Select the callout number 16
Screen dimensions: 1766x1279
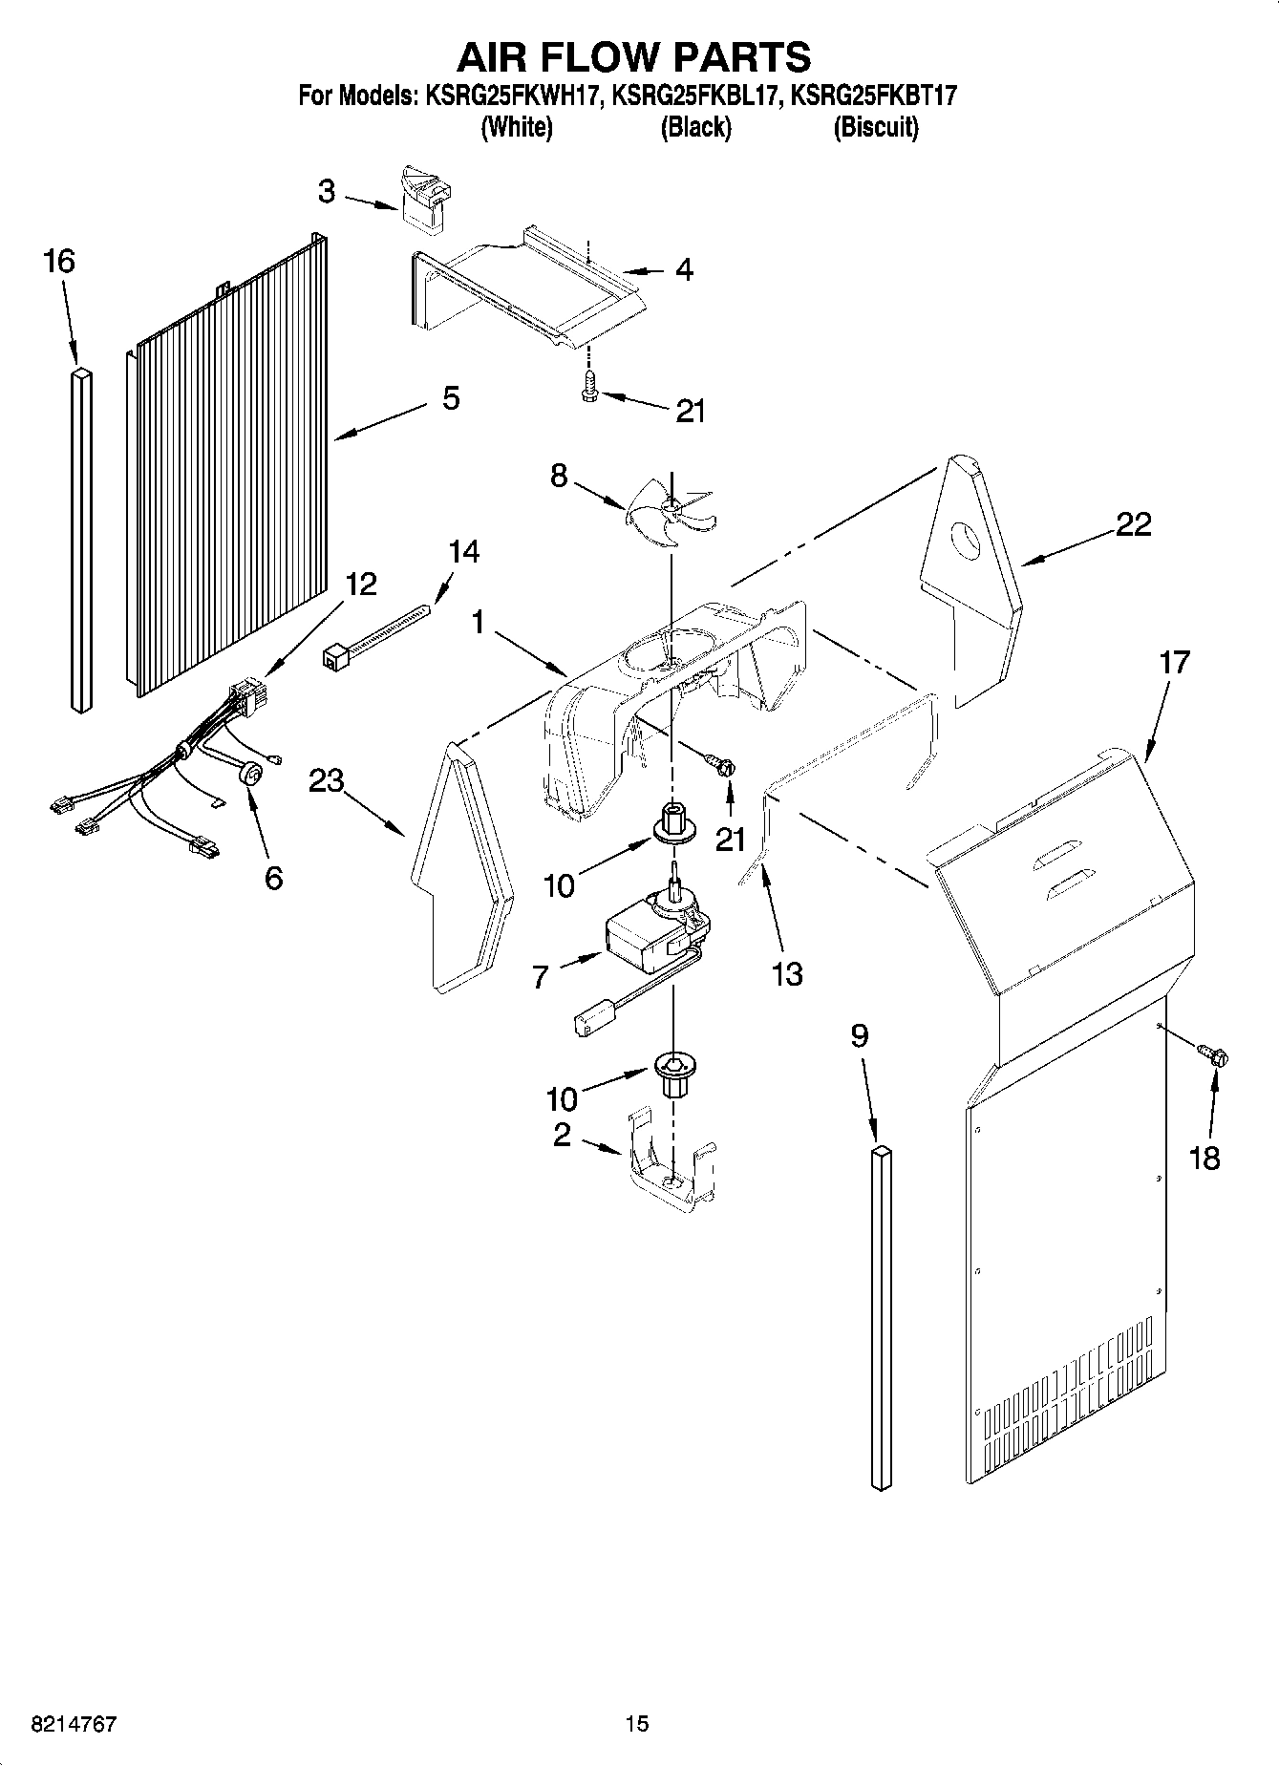[x=59, y=261]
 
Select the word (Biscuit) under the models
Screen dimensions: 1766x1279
[x=875, y=127]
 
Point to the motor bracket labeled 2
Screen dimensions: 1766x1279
[x=672, y=1165]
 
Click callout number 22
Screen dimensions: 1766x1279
[x=1133, y=523]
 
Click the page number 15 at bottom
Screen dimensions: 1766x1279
[x=637, y=1723]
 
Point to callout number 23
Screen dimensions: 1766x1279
[x=327, y=781]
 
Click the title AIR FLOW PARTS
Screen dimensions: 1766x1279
[x=634, y=57]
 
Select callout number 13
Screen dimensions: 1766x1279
[x=787, y=974]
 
